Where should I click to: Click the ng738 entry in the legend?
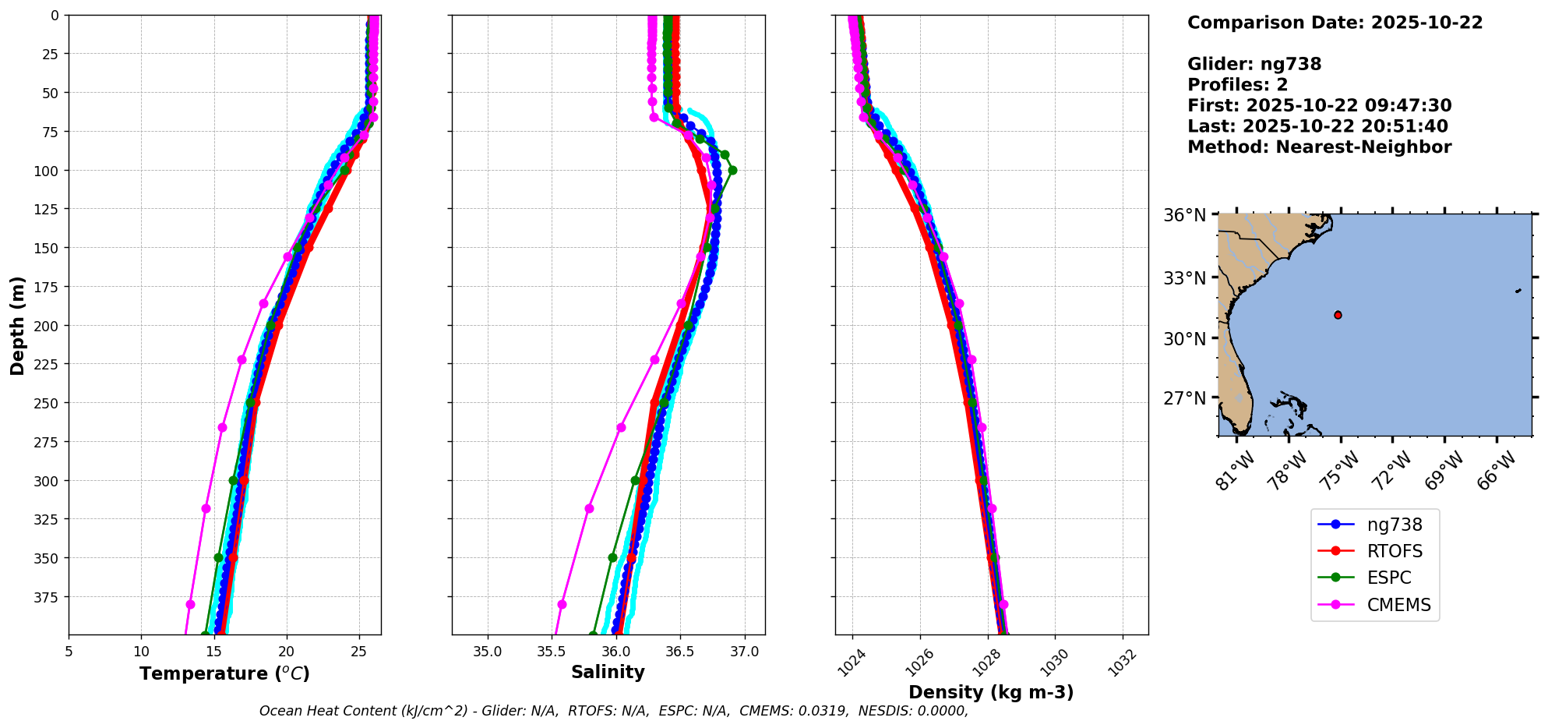[1394, 525]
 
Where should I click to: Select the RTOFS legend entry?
[1394, 552]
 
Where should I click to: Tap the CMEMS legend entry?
[1398, 605]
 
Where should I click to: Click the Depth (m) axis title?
[17, 325]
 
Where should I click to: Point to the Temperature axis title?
[224, 673]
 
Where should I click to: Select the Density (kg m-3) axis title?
[991, 692]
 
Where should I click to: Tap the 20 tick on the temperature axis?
[286, 652]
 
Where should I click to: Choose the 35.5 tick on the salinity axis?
[552, 652]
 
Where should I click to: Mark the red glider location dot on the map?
[1338, 315]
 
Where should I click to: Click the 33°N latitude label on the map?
[1185, 278]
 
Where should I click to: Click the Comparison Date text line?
[1335, 23]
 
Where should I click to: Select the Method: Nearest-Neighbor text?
[1319, 147]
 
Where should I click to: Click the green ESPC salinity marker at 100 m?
[732, 170]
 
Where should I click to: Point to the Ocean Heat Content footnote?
[613, 711]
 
